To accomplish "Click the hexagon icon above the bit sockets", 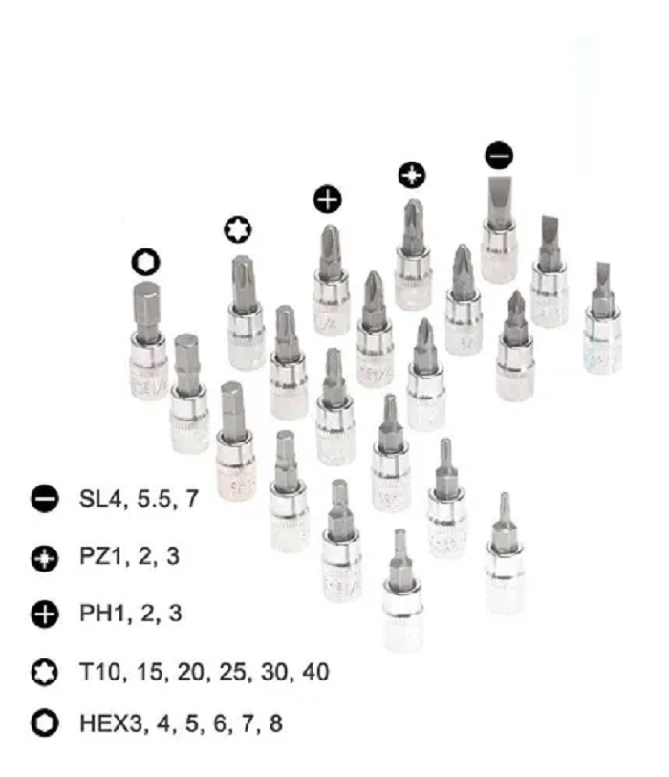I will tap(145, 262).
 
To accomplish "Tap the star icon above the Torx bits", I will tap(236, 229).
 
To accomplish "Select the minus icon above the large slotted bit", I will tap(498, 155).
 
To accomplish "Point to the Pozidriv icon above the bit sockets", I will tap(411, 175).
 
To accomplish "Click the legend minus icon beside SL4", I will tap(44, 499).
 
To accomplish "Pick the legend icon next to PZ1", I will tap(44, 557).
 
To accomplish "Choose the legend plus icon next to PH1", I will tap(44, 614).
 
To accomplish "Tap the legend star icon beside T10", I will tap(44, 673).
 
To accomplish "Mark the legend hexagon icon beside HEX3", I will tap(44, 723).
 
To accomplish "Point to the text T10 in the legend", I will tap(100, 672).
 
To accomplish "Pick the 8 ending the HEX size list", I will tap(275, 723).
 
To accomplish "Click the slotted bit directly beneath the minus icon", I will tap(498, 229).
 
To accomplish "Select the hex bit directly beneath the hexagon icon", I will tap(147, 335).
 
